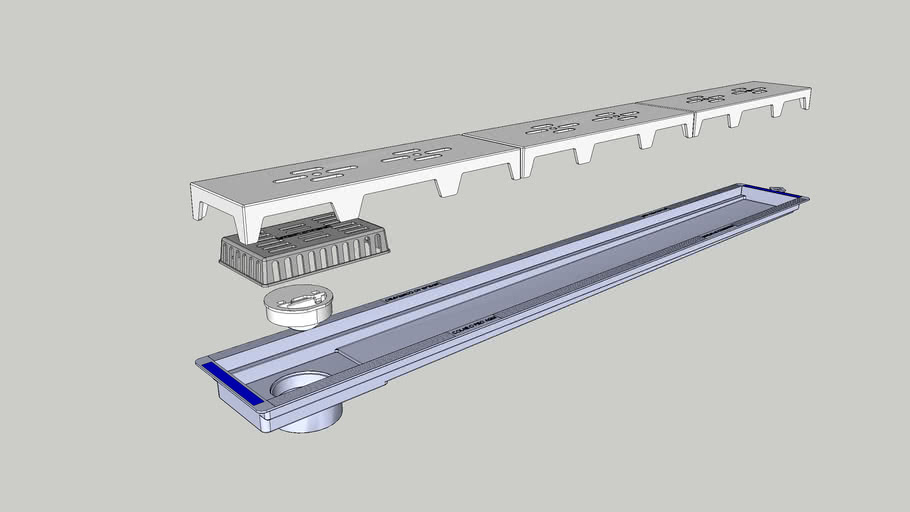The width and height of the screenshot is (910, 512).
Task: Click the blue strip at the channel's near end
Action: point(232,385)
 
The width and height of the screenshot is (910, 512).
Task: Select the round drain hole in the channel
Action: point(299,385)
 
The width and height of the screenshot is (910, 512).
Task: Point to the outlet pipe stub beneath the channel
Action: point(309,421)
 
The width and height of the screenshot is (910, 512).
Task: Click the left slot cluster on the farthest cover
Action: point(705,98)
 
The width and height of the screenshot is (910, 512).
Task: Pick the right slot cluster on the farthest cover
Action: point(749,90)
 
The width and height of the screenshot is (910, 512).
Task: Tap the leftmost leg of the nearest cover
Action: point(201,211)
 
